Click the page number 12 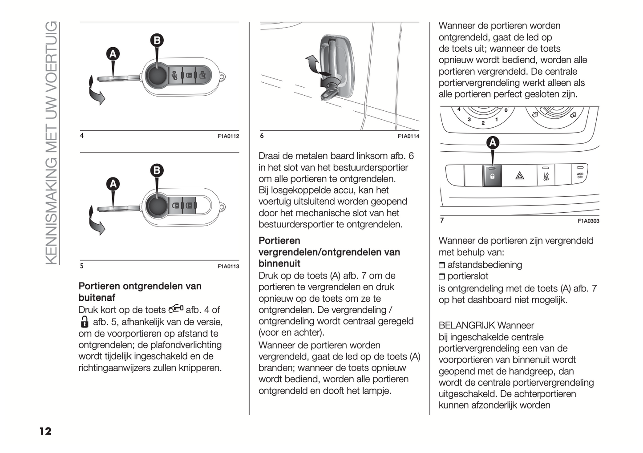click(x=45, y=431)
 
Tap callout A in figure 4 click(x=113, y=54)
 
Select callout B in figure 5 click(x=157, y=170)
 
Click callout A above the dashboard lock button click(x=493, y=142)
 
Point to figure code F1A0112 click(x=228, y=136)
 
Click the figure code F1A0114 click(x=408, y=136)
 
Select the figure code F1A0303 click(x=588, y=221)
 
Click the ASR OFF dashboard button click(x=580, y=175)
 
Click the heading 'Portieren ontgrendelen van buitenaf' click(x=140, y=291)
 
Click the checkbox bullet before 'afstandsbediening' click(x=442, y=265)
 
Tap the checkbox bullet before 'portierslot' click(x=442, y=277)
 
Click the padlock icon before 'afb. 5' click(x=85, y=322)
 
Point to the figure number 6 click(x=262, y=136)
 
